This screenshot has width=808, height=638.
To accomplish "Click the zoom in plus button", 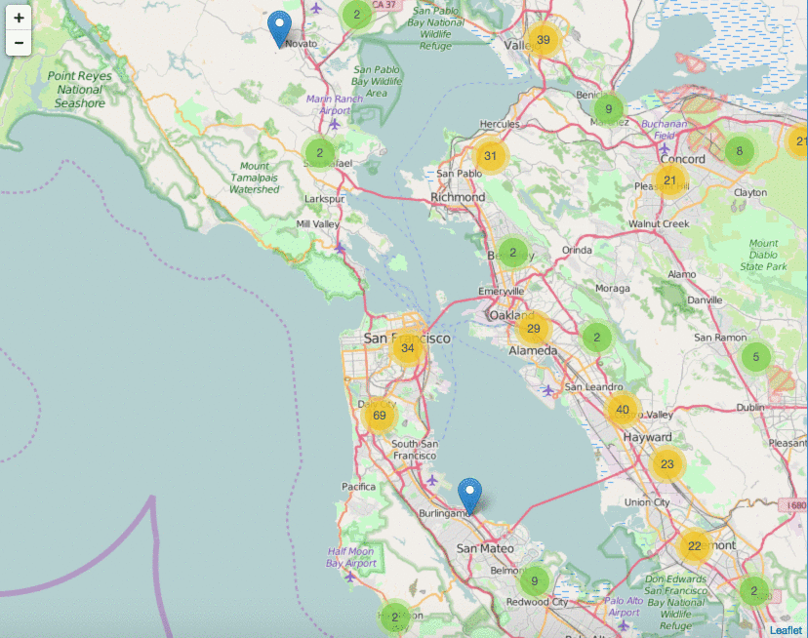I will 19,18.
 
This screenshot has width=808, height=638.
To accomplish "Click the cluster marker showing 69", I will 380,417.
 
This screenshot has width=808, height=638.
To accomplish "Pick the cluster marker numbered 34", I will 408,348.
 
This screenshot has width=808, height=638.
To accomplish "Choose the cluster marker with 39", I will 544,40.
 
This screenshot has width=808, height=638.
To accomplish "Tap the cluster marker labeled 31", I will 491,156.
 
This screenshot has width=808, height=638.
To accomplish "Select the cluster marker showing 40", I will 623,410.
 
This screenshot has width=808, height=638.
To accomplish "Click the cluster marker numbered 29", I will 533,329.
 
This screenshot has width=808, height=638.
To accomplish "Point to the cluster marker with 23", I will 667,465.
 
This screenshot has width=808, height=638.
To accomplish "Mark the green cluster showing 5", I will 755,357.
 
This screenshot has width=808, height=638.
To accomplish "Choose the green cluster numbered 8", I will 740,150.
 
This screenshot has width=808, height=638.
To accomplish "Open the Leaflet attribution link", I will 786,630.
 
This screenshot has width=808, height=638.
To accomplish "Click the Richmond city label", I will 458,197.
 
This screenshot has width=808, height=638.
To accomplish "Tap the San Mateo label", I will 479,548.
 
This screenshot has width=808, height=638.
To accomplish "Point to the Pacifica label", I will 358,486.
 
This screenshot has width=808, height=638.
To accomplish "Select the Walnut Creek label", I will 659,224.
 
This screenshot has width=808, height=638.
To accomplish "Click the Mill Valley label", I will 317,224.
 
